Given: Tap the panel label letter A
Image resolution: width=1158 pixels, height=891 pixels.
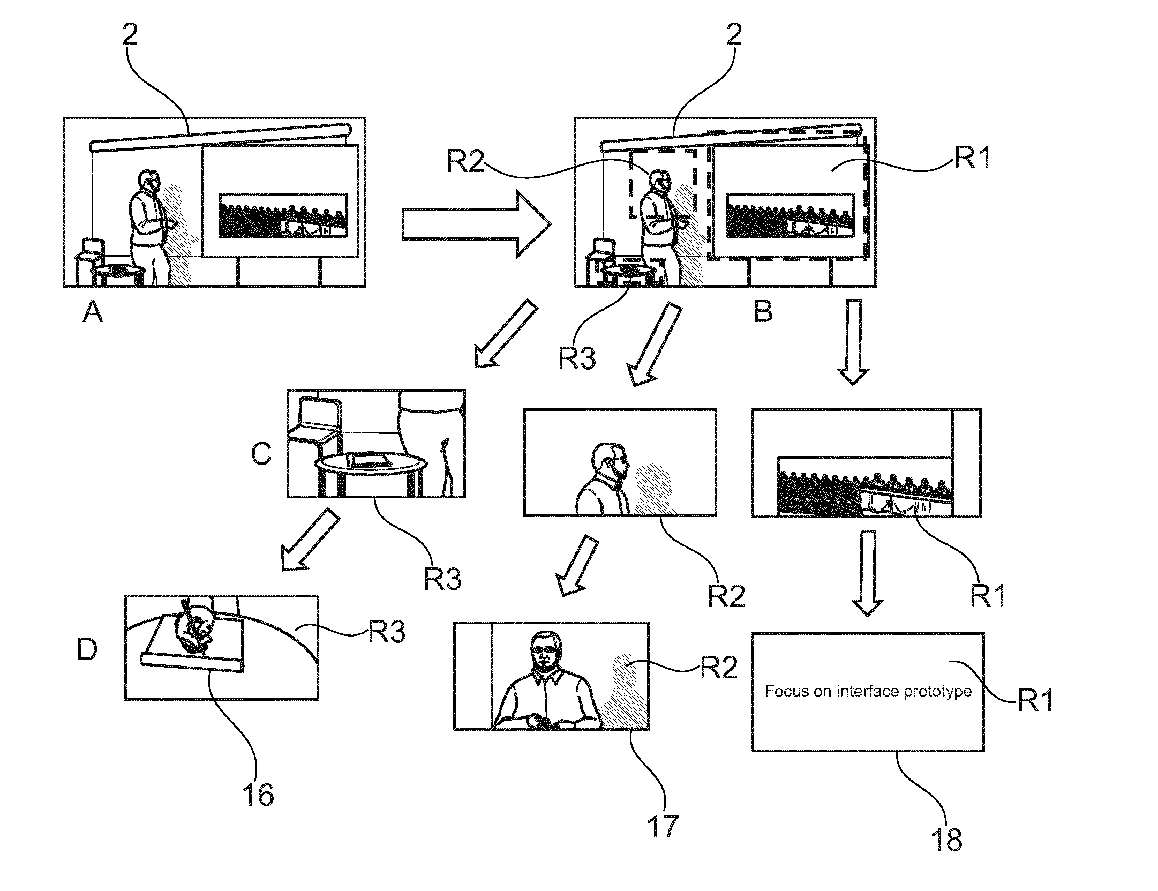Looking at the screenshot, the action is [93, 311].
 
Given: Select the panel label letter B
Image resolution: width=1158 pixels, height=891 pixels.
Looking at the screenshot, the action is [763, 311].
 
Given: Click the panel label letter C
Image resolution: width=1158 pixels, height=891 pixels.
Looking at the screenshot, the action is [261, 454].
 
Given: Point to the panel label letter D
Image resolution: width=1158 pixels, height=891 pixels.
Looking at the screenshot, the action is [87, 648].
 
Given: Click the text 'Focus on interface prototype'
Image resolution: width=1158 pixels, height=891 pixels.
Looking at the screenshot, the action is [868, 691].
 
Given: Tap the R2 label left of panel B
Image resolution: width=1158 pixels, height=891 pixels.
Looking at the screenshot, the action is [465, 161].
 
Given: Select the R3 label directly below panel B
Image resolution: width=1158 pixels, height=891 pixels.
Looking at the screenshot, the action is [577, 358].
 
